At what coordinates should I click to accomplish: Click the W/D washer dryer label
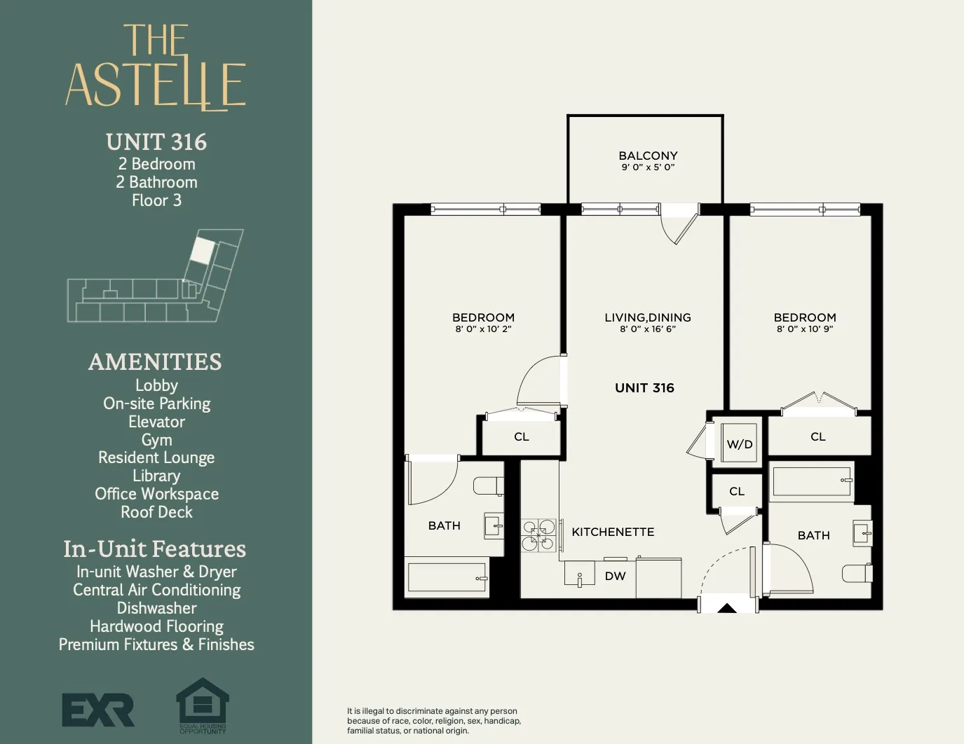pos(740,444)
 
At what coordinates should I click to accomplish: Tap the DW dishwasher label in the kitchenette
pos(615,576)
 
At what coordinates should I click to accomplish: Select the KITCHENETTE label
pos(613,532)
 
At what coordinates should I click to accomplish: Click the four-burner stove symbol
pos(538,535)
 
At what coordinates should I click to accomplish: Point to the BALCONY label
pos(648,156)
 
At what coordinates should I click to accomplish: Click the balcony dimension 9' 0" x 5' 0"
pos(648,167)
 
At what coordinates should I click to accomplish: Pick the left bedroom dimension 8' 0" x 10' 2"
pos(483,329)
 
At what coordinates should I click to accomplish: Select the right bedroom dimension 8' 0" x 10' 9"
pos(805,329)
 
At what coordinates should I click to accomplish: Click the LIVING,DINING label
pos(648,317)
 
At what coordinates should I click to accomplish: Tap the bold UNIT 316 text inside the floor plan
pos(644,388)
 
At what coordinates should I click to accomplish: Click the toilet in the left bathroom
pos(488,485)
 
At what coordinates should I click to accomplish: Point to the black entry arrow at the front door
pos(727,608)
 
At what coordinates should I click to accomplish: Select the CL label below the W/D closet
pos(736,491)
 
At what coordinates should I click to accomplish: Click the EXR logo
pos(98,710)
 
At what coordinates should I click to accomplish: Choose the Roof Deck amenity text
pos(156,512)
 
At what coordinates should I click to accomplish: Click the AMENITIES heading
pos(155,361)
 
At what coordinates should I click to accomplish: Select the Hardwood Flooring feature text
pos(156,626)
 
